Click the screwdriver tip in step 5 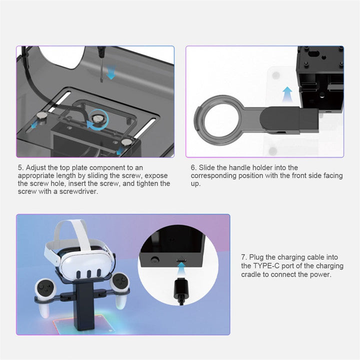[x=101, y=80]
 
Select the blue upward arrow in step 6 [x=287, y=94]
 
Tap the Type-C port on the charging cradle [x=181, y=260]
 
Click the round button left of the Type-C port [x=155, y=259]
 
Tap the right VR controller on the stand [x=120, y=288]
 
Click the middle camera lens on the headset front [x=89, y=273]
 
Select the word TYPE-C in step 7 [x=266, y=265]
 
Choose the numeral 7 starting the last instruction [x=243, y=257]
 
